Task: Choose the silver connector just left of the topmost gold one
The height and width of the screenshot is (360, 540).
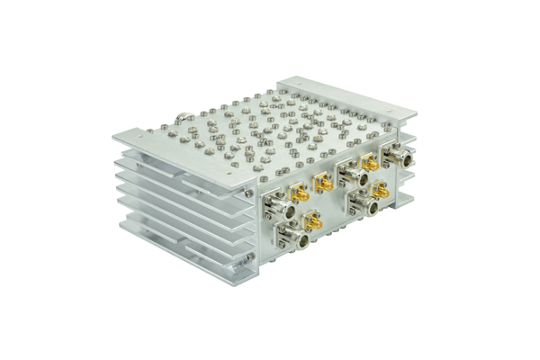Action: pyautogui.click(x=346, y=170)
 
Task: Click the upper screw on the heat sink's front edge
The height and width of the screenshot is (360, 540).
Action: pyautogui.click(x=249, y=192)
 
